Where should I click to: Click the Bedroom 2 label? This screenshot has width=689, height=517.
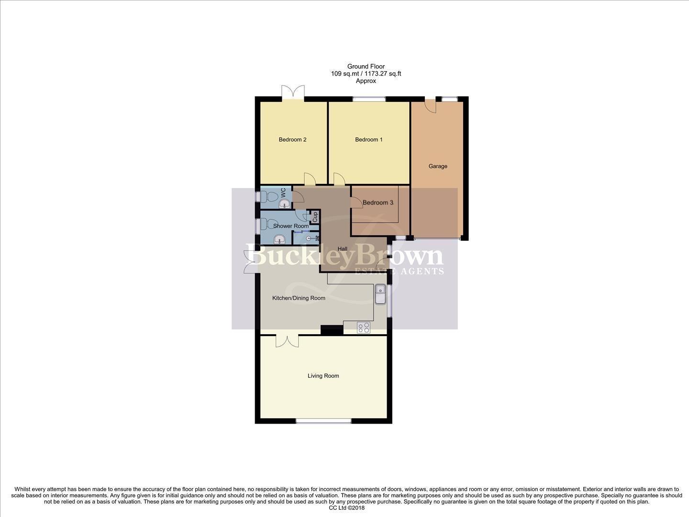click(x=292, y=140)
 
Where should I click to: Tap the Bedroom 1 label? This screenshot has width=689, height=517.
click(x=368, y=140)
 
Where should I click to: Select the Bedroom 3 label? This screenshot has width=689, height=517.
click(x=378, y=202)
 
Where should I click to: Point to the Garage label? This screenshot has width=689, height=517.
click(x=438, y=166)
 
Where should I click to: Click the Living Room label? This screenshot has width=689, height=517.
click(x=323, y=376)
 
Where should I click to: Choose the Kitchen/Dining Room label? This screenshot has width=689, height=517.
click(x=299, y=298)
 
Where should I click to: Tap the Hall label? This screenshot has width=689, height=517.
click(x=343, y=249)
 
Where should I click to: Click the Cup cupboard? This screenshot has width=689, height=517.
click(x=315, y=217)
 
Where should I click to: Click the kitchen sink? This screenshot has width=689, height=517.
click(x=380, y=293)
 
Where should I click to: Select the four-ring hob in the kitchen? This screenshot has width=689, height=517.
click(x=363, y=327)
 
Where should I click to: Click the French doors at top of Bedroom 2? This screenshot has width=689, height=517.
click(x=293, y=92)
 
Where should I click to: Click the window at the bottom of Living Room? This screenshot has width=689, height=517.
click(x=323, y=421)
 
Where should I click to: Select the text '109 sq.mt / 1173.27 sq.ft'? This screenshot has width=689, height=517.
click(x=366, y=74)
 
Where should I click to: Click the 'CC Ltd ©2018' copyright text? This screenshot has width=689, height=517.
click(x=346, y=508)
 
